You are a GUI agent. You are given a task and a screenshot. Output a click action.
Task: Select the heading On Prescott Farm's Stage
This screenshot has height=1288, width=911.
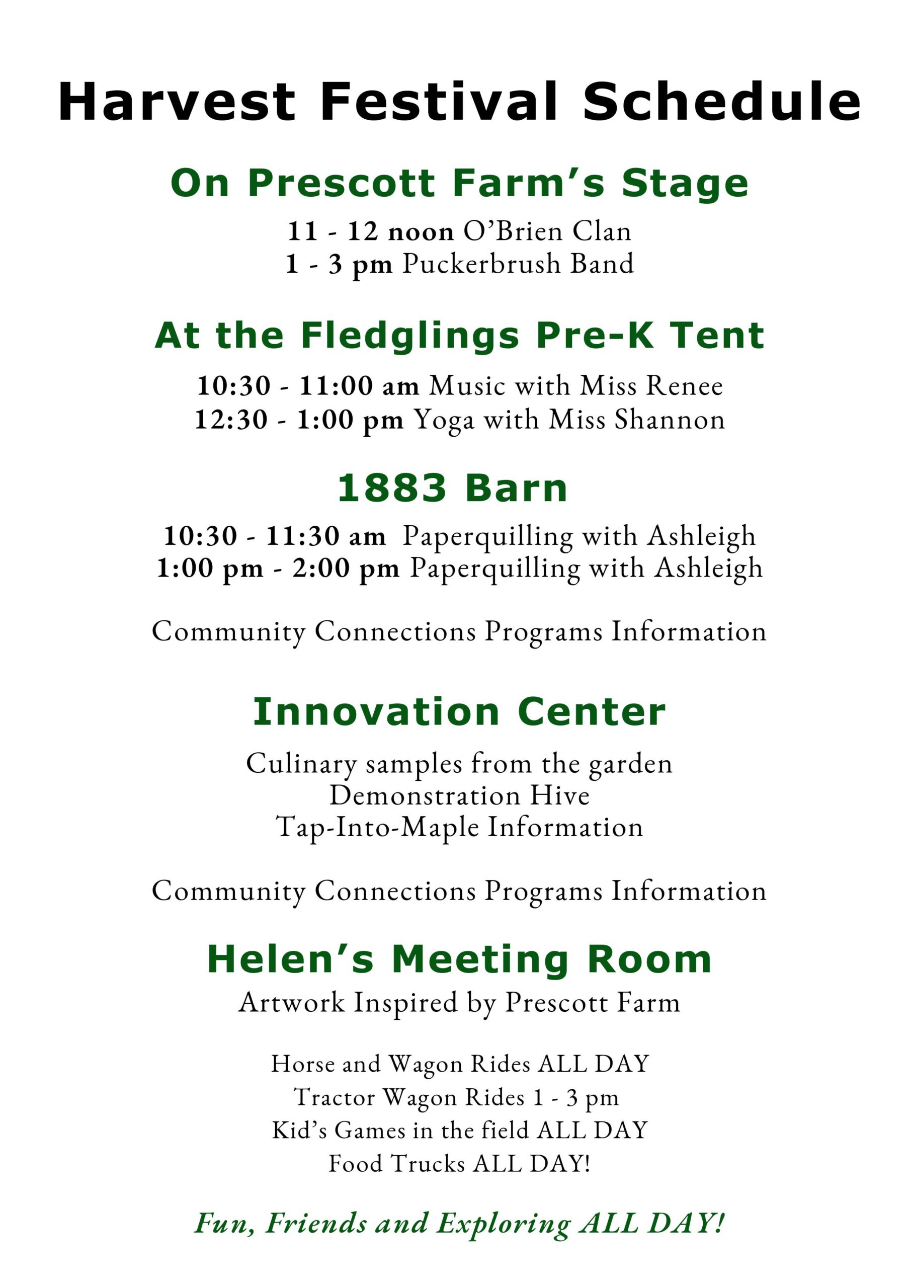pyautogui.click(x=459, y=184)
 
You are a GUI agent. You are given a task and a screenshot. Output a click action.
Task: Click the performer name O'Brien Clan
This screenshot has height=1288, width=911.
pyautogui.click(x=547, y=230)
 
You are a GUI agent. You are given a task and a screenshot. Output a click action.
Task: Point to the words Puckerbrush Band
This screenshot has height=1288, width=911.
pyautogui.click(x=518, y=264)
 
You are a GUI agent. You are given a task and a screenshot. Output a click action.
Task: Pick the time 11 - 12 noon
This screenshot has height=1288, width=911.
pyautogui.click(x=371, y=231)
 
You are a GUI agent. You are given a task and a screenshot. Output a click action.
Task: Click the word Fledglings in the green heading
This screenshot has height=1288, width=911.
pyautogui.click(x=410, y=336)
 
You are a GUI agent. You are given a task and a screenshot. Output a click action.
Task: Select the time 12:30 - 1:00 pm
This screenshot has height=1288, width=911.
pyautogui.click(x=299, y=420)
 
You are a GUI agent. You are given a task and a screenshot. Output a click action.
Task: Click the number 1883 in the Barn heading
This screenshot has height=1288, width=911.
pyautogui.click(x=391, y=488)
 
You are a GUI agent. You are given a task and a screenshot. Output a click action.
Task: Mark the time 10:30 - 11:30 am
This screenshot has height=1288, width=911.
pyautogui.click(x=274, y=536)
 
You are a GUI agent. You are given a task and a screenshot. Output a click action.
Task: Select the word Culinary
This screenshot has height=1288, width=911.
pyautogui.click(x=302, y=765)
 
